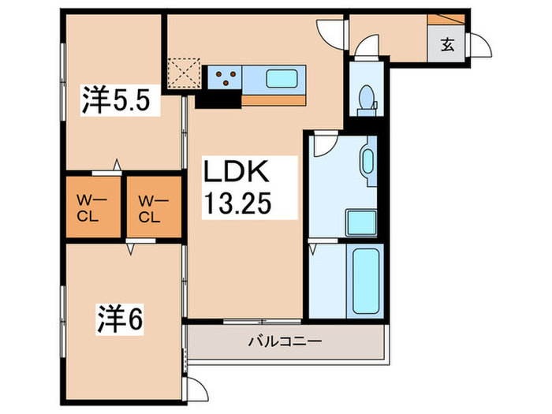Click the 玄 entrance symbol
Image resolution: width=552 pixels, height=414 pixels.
click(x=447, y=44)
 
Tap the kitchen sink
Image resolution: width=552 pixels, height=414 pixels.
click(x=280, y=79)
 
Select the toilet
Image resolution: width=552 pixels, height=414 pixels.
click(x=365, y=97)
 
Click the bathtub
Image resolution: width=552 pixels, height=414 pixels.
click(x=364, y=280)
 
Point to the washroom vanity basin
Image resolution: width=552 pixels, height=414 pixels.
click(x=367, y=161)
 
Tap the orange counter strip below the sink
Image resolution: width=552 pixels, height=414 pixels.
click(x=273, y=100)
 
